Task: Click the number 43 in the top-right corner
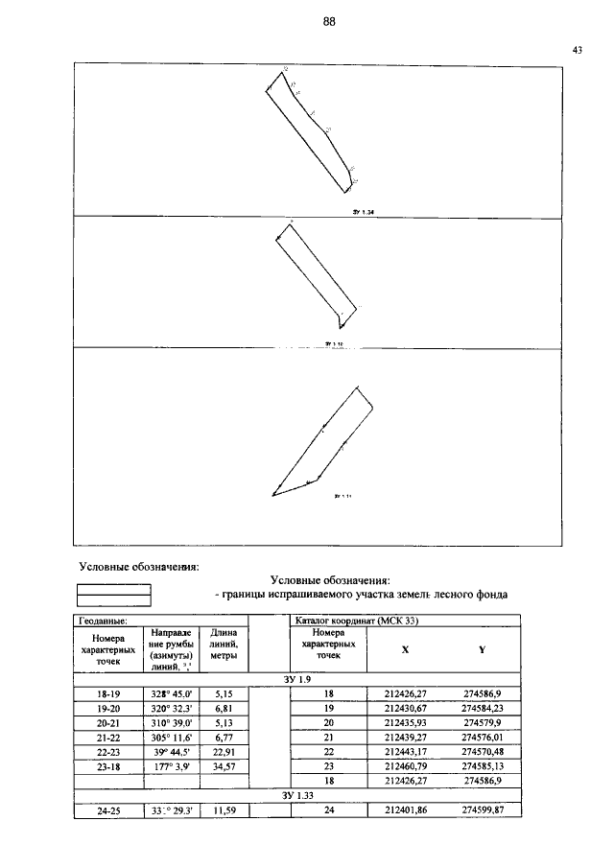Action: (x=577, y=50)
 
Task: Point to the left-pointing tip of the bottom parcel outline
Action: (x=273, y=496)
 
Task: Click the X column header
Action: (x=405, y=650)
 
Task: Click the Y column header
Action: (x=482, y=650)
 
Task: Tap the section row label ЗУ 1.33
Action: (x=297, y=796)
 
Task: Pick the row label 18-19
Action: (x=107, y=692)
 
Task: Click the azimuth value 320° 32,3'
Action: (x=172, y=708)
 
